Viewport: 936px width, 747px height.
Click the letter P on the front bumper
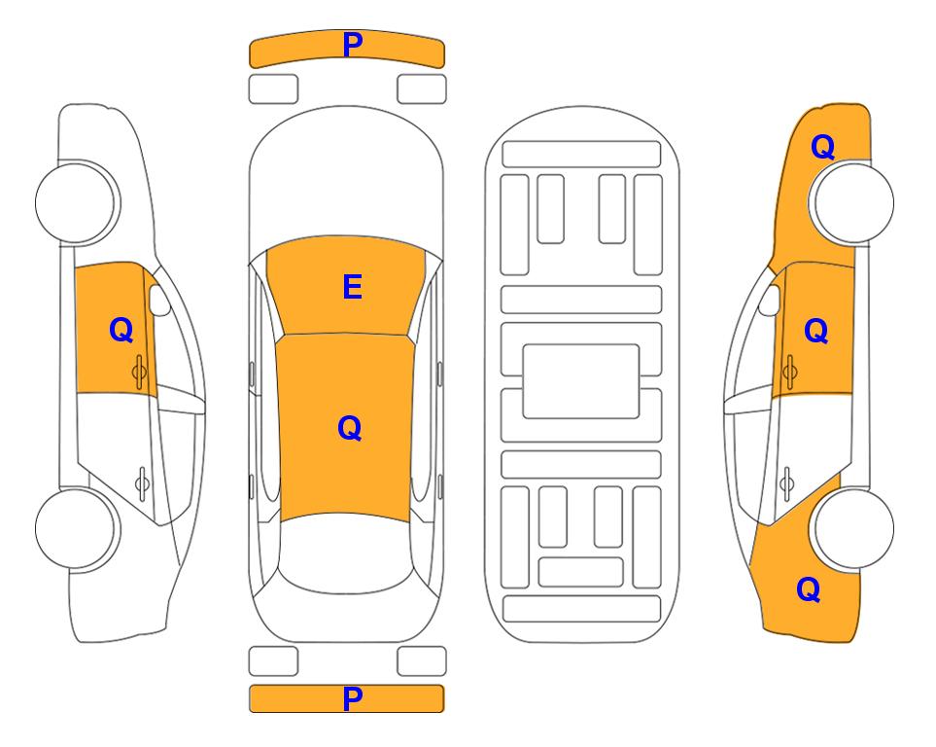[353, 45]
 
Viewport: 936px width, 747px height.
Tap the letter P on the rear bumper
[353, 698]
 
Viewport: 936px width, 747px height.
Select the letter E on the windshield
[352, 287]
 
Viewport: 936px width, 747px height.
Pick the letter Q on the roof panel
[350, 428]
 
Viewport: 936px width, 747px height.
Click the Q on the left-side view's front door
[121, 330]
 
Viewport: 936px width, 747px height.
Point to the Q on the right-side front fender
[822, 147]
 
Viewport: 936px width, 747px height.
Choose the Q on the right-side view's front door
[816, 331]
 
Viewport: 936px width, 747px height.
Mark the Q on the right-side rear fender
[809, 589]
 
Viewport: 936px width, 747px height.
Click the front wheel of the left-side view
[76, 202]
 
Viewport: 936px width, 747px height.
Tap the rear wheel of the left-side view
[76, 528]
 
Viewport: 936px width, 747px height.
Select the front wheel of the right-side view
[854, 202]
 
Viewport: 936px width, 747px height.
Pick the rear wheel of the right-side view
[854, 528]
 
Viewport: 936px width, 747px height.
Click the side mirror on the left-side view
[159, 300]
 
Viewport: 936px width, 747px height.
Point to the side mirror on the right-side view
[770, 300]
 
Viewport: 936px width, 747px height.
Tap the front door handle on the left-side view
[139, 372]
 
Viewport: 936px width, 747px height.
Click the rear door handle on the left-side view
[142, 483]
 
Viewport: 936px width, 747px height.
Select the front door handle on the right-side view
[789, 372]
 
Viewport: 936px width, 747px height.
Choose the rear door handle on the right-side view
[786, 483]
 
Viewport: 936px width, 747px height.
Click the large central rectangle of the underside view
[581, 381]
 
